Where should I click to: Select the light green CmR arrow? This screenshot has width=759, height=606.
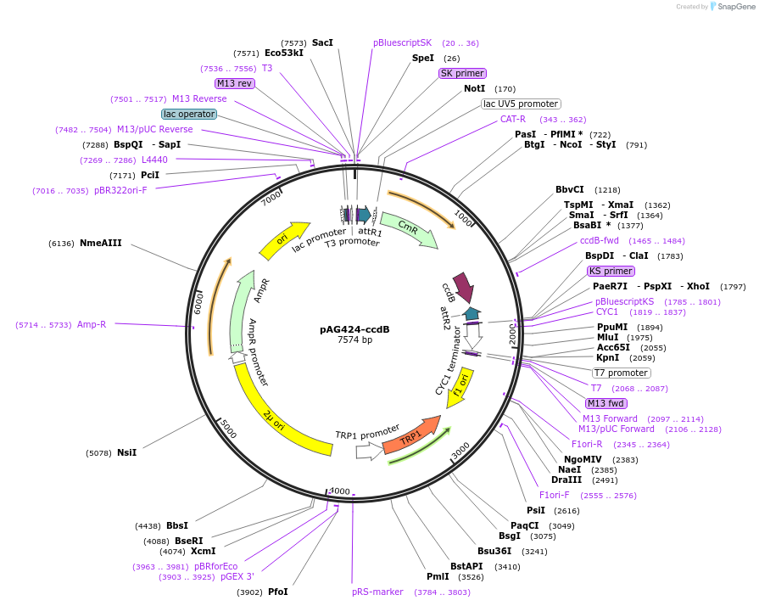409,228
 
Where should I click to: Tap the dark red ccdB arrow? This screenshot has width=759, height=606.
463,285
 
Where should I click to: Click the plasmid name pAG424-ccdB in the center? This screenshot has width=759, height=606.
354,329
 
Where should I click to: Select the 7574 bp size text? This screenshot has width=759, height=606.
354,340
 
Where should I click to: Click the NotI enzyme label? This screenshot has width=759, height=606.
474,88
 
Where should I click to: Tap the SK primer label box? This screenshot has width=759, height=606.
462,73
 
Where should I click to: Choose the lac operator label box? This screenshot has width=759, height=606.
189,114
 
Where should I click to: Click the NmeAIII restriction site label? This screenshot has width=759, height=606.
101,243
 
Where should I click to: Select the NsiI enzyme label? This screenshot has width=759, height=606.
126,452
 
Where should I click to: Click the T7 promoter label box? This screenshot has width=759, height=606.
621,373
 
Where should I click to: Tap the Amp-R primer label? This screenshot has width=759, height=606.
92,324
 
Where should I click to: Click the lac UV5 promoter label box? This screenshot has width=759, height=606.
521,104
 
